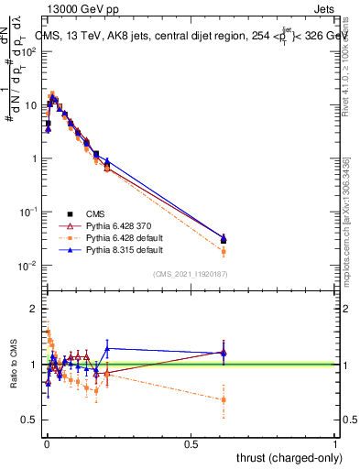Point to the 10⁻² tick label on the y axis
tap(28, 266)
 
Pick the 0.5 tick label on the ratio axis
tap(28, 420)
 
